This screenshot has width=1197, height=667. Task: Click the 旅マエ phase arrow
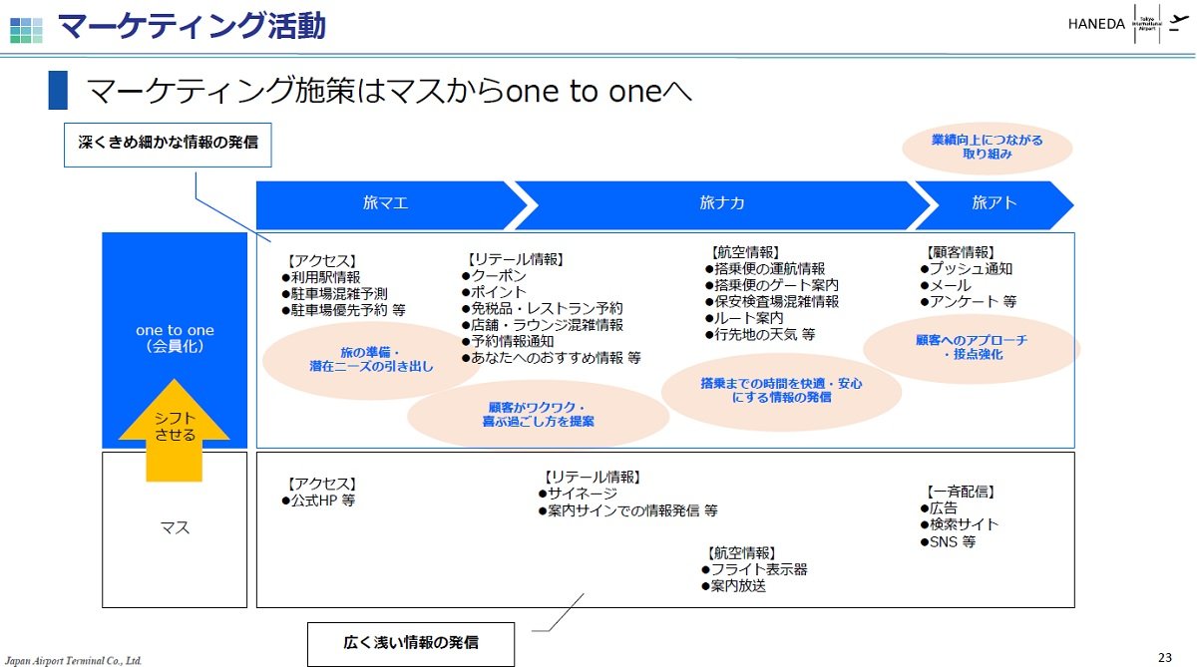(386, 205)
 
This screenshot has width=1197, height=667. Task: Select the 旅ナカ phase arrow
(721, 205)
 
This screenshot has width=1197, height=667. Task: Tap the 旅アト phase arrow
(994, 205)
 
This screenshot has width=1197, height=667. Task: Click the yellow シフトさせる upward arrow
(175, 431)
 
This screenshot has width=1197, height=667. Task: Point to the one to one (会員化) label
(175, 338)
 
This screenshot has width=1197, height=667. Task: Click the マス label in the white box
(175, 527)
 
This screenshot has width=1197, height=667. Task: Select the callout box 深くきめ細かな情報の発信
(168, 145)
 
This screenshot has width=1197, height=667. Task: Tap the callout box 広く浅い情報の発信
(411, 643)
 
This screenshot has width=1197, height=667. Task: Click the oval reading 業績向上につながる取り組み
(987, 148)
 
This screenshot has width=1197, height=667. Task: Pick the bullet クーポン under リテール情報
(495, 275)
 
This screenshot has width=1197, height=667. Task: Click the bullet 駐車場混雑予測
(334, 294)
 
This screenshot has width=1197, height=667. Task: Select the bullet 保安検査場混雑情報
(772, 302)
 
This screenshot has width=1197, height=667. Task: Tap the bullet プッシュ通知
(967, 268)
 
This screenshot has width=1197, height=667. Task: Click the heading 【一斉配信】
(961, 492)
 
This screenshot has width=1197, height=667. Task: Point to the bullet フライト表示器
(754, 569)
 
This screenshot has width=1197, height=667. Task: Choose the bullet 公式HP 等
(318, 500)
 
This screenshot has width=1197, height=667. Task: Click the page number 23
(1165, 657)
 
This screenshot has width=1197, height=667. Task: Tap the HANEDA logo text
(1096, 24)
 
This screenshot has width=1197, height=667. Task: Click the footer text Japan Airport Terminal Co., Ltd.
(73, 661)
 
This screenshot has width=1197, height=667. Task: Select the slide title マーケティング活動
(192, 26)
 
